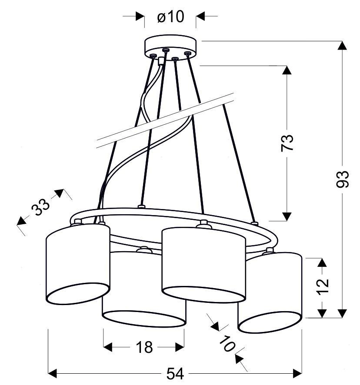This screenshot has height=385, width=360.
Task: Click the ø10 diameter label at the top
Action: [x=170, y=17]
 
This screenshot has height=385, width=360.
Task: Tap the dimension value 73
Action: [x=287, y=143]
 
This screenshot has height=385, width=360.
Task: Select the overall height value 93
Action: [x=342, y=179]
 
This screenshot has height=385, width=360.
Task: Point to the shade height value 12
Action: [x=323, y=286]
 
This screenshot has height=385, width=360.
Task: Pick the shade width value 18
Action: [x=144, y=347]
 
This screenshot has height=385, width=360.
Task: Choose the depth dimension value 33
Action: [x=40, y=206]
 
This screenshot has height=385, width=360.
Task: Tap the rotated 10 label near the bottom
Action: [x=227, y=344]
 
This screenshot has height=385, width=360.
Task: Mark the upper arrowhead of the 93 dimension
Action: [x=342, y=46]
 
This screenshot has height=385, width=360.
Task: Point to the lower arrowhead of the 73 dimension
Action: [x=287, y=216]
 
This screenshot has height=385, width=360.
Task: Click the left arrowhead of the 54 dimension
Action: [x=53, y=373]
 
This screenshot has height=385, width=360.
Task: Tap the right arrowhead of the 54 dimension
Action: [x=297, y=373]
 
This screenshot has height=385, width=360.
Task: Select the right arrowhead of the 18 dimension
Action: [x=180, y=347]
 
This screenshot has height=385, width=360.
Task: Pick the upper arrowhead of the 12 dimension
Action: [x=322, y=263]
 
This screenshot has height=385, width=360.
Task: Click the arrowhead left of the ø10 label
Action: [x=140, y=16]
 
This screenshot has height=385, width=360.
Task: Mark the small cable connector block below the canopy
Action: [x=161, y=60]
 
